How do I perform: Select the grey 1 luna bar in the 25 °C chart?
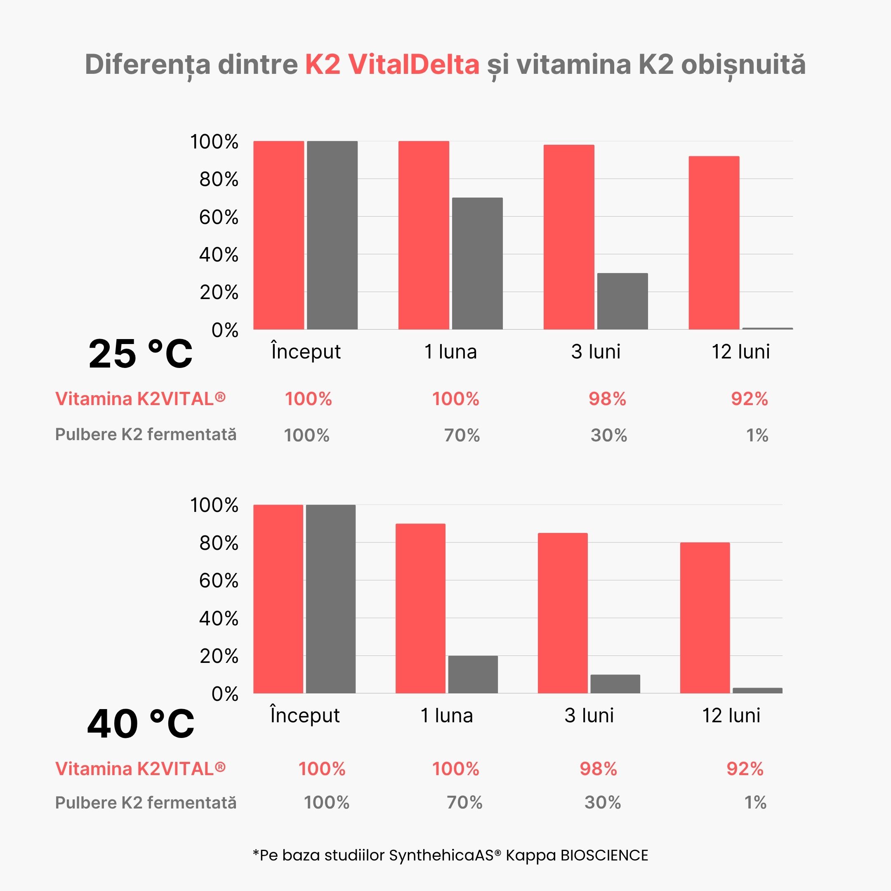point(477,263)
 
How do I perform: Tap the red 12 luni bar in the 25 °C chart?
point(714,243)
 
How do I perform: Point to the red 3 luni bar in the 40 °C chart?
point(562,613)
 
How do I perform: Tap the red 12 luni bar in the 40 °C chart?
point(705,618)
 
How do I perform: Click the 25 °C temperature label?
point(140,354)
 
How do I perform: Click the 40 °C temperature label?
point(141,724)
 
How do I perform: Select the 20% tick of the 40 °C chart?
point(219,656)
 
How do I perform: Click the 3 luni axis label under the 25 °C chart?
point(595,352)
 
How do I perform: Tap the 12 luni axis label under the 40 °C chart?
point(731,716)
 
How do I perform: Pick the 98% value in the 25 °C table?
point(607,399)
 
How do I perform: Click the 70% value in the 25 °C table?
point(462,435)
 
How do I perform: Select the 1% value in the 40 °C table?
point(755,803)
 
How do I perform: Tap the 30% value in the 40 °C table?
point(602,803)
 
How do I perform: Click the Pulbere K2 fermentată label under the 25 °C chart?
point(146,434)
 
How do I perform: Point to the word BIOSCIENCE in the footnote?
point(604,856)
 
